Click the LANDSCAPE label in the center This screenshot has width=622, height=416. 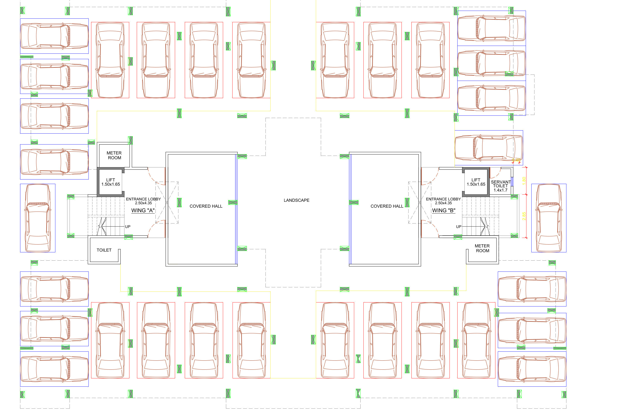coord(296,200)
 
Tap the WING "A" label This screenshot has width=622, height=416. coord(143,210)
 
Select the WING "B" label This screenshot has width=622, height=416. coord(443,210)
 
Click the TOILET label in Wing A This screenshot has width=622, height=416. coord(104,250)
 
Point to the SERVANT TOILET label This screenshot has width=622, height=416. coord(500,186)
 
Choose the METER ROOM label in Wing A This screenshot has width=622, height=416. coord(114,155)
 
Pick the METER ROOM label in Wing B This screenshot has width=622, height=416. coord(482,248)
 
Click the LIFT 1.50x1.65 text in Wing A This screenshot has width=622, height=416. coord(111,182)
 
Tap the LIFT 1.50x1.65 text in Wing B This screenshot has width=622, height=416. coord(476,182)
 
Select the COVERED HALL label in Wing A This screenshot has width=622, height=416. coord(206,206)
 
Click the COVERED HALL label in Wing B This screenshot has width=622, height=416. coord(387,206)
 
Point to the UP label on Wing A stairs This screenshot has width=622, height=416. coord(128,227)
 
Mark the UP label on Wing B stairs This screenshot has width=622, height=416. coord(459,227)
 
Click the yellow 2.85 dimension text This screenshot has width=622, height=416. coord(524,216)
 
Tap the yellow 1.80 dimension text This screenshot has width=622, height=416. coord(524,181)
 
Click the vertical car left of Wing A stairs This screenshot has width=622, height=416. coord(38,218)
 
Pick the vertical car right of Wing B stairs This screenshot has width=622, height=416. coord(548,218)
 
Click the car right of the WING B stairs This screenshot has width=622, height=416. coord(548,218)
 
